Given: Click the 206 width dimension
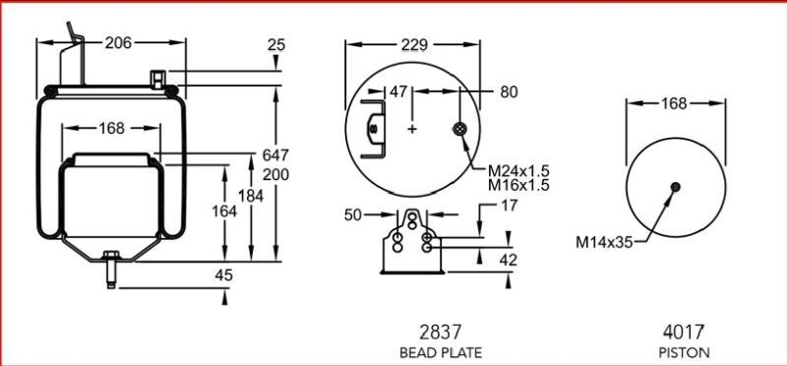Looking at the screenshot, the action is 118,43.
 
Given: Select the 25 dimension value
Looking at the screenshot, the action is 276,44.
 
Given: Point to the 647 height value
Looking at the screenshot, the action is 275,155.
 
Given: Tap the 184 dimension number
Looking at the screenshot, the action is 251,197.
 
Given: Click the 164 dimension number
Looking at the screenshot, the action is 224,212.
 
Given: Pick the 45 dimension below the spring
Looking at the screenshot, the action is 224,275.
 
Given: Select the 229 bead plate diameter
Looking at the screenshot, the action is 414,45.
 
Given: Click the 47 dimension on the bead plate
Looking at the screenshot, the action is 398,91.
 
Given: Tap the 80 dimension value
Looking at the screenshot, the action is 509,91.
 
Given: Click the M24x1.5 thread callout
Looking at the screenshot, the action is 518,170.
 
